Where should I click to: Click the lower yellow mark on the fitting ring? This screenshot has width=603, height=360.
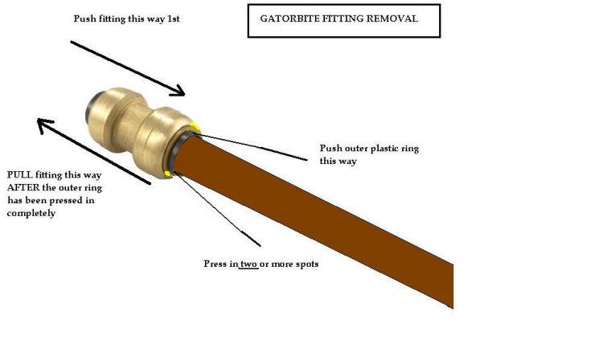[166, 174]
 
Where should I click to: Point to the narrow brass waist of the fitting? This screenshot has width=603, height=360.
[134, 127]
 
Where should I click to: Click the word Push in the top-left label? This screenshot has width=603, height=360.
[84, 18]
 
